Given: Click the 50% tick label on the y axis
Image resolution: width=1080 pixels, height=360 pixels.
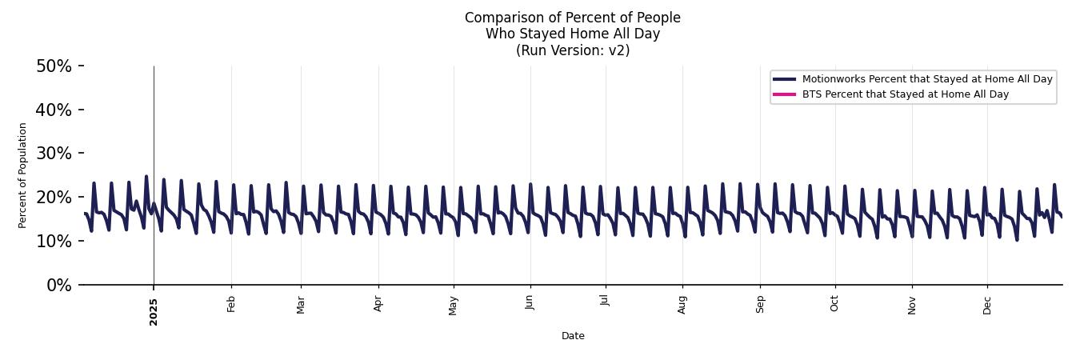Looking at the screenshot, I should click(x=54, y=66).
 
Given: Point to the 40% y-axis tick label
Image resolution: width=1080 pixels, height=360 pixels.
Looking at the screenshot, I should click(x=54, y=110).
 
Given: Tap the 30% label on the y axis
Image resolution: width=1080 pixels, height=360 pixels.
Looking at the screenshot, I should click(x=54, y=154).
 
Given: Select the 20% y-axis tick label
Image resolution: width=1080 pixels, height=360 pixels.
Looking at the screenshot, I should click(x=54, y=198).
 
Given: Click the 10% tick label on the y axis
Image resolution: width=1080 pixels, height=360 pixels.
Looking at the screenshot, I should click(x=54, y=242).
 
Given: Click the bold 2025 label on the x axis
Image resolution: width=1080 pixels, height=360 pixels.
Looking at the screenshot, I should click(x=154, y=312).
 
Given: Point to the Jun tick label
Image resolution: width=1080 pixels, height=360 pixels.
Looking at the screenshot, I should click(x=530, y=302).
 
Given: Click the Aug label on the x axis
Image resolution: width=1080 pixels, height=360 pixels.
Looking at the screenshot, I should click(x=682, y=304).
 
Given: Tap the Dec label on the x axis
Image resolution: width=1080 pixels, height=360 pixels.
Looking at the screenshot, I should click(x=987, y=304).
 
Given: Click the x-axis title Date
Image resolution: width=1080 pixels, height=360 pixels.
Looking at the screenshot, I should click(x=573, y=336).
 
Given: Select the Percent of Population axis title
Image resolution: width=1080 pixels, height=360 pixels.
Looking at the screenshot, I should click(x=23, y=175).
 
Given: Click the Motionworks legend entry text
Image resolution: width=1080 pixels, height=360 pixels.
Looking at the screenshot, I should click(x=927, y=79).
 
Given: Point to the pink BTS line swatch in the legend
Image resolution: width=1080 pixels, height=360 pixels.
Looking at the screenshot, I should click(x=784, y=94).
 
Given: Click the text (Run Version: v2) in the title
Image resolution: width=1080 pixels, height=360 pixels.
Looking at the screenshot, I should click(x=573, y=50).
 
